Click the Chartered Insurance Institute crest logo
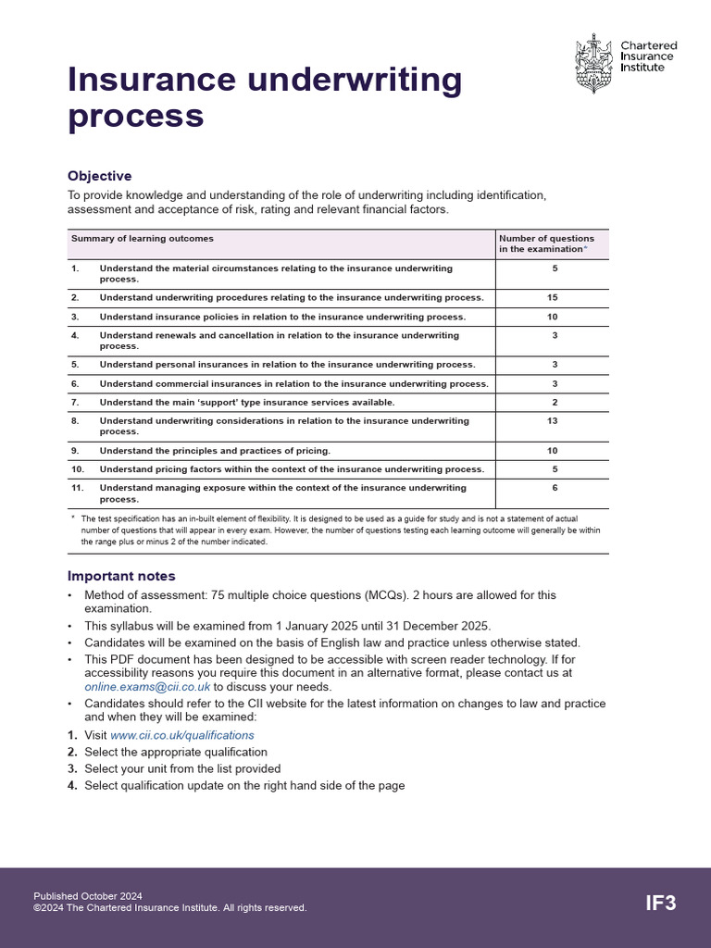point(592,62)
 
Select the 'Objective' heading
point(99,176)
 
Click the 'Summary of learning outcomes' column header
point(143,239)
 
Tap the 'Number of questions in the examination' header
point(546,243)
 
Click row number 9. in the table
point(75,451)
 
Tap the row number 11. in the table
point(77,488)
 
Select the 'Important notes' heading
point(121,576)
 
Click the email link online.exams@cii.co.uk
point(147,687)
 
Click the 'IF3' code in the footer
point(660,903)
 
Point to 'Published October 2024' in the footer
point(88,896)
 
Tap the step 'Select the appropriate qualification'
point(176,752)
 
